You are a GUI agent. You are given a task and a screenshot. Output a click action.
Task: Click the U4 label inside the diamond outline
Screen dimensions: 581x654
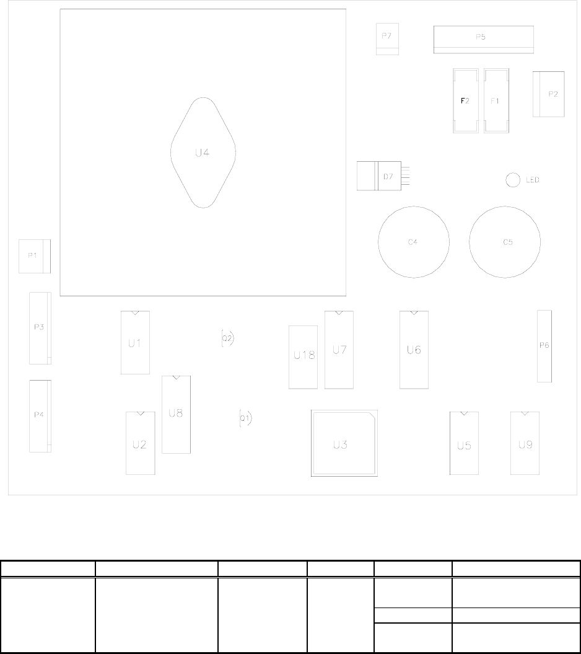coord(202,152)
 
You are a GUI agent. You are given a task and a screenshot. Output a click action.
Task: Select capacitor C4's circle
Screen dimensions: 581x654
coord(378,242)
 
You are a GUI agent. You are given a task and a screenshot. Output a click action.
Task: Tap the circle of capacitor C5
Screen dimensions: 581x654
coord(470,242)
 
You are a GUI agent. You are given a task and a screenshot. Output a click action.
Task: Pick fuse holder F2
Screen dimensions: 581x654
coord(466,100)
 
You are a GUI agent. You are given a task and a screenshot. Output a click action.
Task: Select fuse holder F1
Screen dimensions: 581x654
coord(496,100)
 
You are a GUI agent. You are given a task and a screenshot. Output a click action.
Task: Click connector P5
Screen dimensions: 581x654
coord(484,40)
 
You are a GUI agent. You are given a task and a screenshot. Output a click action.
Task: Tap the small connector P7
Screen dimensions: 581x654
coord(387,39)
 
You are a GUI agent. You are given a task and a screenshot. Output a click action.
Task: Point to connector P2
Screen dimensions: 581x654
coord(549,94)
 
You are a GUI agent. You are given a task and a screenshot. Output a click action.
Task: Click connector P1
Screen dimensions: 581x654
coord(35,256)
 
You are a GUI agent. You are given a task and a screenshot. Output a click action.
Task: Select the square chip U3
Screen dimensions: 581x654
coord(344,443)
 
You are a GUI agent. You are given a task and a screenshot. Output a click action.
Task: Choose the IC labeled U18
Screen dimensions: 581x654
coord(303,357)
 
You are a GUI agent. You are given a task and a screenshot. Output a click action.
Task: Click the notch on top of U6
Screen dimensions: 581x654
coord(414,313)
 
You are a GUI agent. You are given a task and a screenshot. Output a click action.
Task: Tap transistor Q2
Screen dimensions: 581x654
coord(227,338)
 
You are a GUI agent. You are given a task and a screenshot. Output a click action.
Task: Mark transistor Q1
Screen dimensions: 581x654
coord(245,418)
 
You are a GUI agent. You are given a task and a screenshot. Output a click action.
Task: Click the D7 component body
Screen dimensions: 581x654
coord(379,176)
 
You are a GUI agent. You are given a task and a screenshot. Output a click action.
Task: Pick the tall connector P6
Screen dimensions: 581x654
coord(544,346)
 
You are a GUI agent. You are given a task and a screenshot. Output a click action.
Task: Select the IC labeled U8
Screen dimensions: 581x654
coord(177,415)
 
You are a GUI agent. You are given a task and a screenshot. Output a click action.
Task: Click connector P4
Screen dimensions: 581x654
coord(40,416)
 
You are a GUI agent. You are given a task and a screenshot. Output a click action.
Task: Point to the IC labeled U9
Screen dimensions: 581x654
coord(525,443)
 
